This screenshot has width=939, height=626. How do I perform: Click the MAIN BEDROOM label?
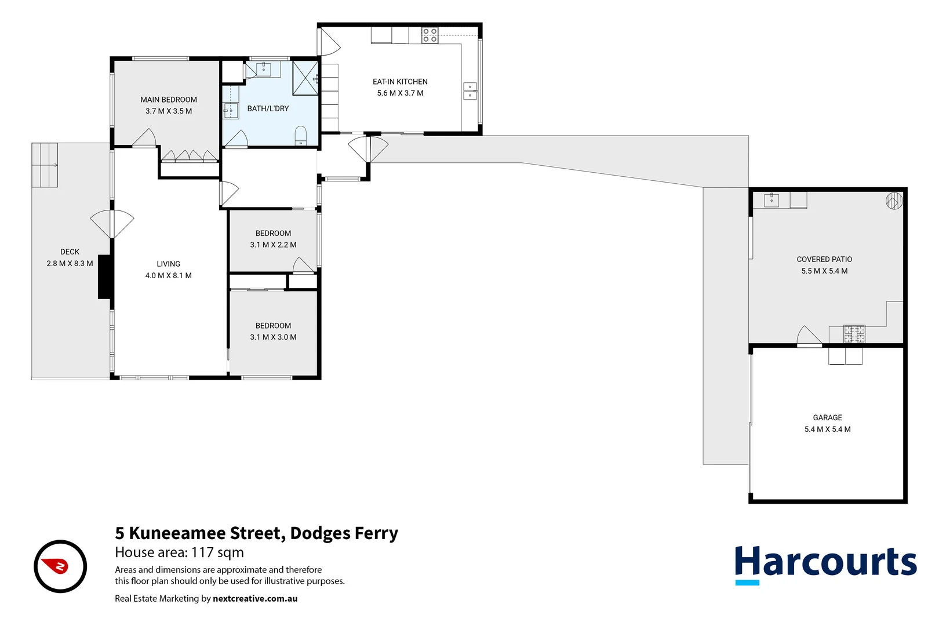169,100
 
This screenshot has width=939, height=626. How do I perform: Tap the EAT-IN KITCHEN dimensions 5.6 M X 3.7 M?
400,93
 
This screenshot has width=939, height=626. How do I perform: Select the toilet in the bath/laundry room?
300,136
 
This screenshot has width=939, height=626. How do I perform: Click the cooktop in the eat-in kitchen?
430,35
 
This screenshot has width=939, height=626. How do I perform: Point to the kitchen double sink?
469,92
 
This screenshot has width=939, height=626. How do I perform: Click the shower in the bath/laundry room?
305,77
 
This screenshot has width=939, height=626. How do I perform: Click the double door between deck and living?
112,224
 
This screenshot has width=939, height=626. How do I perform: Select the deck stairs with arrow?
45,165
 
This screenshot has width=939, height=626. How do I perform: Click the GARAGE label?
827,418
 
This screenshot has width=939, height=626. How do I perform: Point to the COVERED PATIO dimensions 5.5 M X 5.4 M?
824,271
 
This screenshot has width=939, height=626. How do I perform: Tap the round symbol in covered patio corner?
894,201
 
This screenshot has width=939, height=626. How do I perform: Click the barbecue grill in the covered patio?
854,334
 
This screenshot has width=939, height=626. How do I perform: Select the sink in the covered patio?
771,201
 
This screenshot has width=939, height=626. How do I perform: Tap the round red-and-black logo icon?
60,566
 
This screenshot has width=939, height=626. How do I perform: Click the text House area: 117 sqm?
179,552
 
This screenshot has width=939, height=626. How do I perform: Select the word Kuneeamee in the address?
177,533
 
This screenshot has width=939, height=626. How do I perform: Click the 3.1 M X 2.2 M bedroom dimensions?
273,245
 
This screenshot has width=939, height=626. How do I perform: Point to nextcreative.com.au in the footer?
255,599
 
